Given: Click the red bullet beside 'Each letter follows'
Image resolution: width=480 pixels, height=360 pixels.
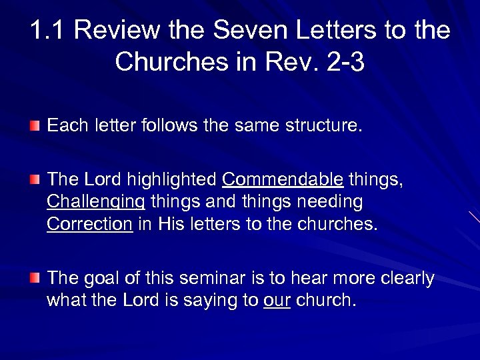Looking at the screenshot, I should click(35, 125).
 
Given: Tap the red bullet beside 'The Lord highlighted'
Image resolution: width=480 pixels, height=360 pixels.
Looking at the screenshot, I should click(35, 180).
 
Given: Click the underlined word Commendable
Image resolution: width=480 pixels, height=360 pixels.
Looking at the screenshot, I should click(283, 180).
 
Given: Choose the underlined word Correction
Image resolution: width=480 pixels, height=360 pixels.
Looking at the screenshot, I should click(89, 225).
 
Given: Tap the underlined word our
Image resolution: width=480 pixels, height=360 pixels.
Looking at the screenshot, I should click(277, 301).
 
